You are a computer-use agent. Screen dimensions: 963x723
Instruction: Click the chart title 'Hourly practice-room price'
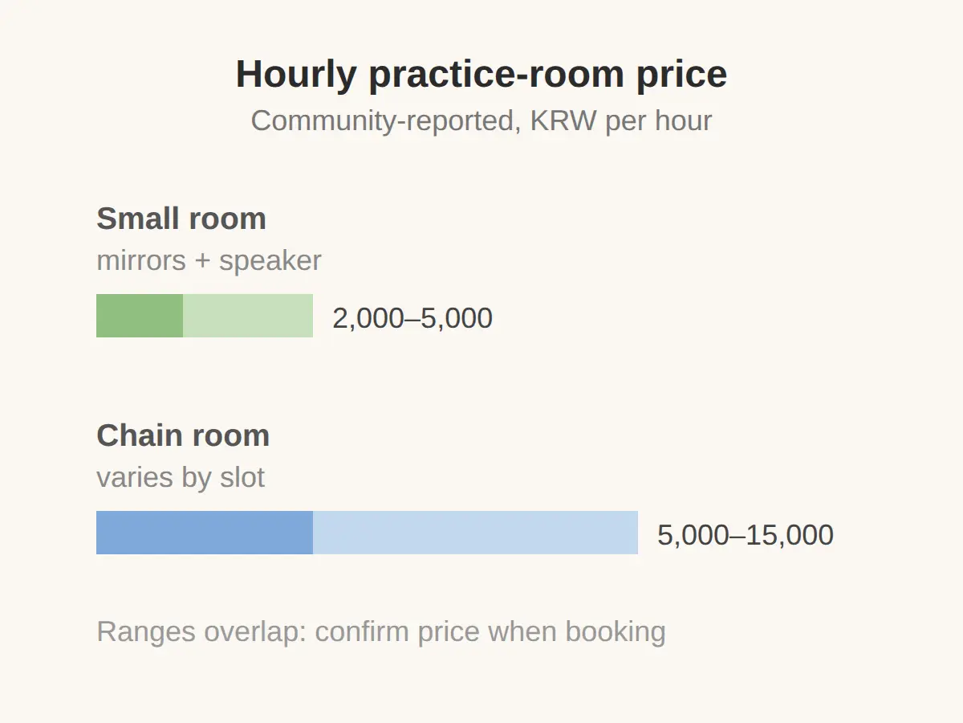(481, 75)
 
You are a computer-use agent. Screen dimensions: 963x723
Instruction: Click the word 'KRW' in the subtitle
(563, 120)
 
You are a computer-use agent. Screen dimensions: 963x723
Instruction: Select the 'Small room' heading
(181, 219)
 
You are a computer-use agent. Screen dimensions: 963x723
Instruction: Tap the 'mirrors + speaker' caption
(209, 261)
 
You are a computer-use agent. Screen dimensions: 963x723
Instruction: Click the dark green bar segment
(140, 316)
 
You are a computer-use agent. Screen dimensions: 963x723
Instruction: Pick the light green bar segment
(248, 316)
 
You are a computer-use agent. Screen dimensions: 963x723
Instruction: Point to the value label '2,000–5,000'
(412, 318)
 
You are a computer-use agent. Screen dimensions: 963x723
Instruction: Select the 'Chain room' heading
(183, 435)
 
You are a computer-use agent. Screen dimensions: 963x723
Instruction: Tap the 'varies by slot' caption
(181, 478)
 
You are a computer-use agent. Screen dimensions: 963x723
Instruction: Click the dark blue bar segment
(205, 533)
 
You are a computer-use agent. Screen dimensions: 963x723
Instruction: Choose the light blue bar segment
(475, 533)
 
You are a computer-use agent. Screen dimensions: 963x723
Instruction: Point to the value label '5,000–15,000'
(746, 535)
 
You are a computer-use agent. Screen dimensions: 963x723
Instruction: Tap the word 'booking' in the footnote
(616, 632)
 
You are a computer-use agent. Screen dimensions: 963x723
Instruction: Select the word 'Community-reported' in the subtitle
(386, 121)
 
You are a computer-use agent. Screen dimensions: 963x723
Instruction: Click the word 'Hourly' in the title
(296, 76)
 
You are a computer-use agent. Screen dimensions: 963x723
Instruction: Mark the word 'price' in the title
(682, 76)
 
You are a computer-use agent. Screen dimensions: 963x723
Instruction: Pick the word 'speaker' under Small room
(270, 261)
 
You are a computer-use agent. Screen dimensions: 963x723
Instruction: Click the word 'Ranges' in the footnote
(146, 632)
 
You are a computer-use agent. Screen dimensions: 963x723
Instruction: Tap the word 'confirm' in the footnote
(362, 631)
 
